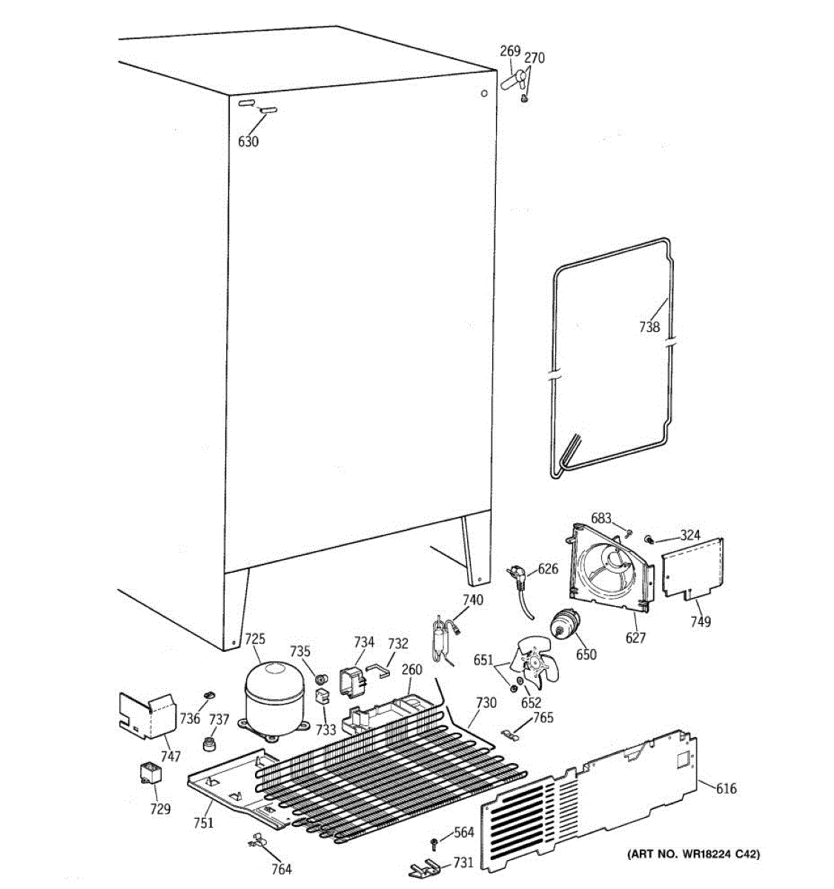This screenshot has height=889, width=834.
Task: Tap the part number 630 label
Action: (x=248, y=141)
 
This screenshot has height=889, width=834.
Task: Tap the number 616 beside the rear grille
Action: (x=726, y=788)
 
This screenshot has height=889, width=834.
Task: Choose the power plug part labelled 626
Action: (x=520, y=573)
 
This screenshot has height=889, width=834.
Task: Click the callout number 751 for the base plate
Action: (x=204, y=822)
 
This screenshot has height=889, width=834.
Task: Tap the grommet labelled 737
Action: (x=212, y=742)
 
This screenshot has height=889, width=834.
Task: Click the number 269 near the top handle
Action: (x=509, y=51)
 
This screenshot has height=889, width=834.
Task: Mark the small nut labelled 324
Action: (x=649, y=539)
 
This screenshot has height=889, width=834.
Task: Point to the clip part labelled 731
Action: (x=428, y=866)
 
